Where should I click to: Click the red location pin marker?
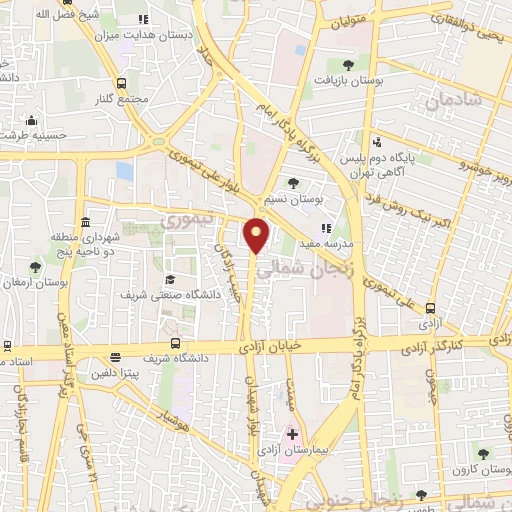click(257, 235)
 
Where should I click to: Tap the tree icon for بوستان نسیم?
click(293, 183)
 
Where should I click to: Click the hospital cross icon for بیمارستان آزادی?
click(292, 436)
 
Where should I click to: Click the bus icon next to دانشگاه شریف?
click(116, 357)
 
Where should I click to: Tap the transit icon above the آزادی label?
click(431, 307)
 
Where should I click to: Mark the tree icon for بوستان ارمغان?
click(36, 267)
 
